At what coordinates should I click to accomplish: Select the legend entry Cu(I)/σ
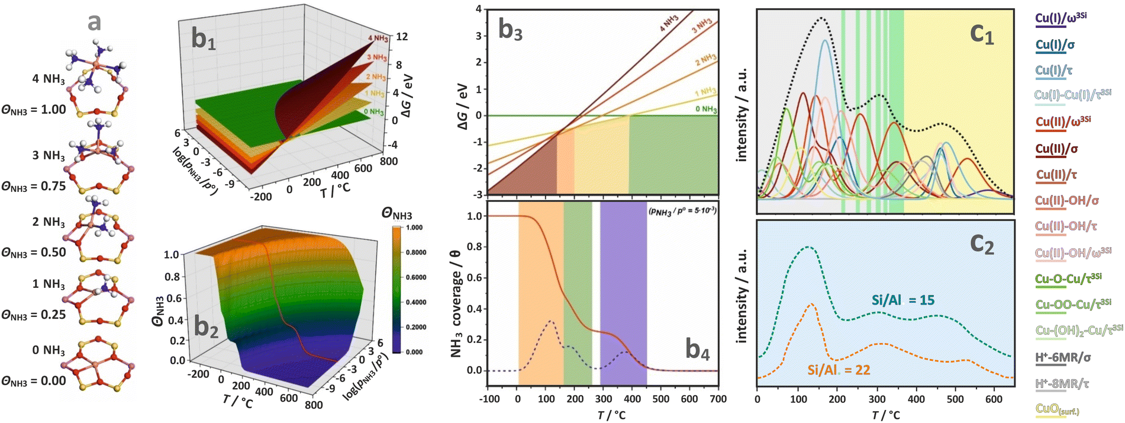click(1055, 44)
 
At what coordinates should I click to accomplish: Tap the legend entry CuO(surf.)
click(1057, 409)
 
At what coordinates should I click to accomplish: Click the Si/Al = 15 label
click(902, 300)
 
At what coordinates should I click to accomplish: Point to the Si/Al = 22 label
click(839, 370)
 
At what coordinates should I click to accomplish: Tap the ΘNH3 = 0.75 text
click(33, 186)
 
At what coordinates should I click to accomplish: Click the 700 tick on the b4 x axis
click(718, 399)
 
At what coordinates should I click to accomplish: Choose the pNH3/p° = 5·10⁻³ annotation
click(682, 210)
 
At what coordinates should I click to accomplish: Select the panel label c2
click(982, 244)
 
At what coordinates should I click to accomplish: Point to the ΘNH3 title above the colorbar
click(397, 215)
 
